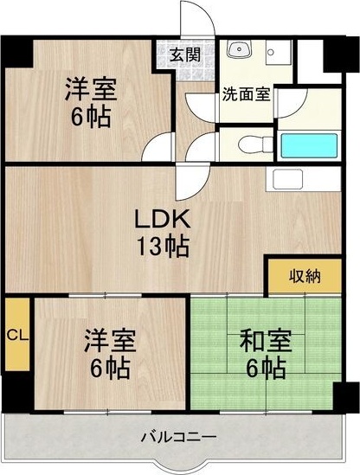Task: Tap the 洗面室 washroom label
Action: pyautogui.click(x=246, y=93)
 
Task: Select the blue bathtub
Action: pyautogui.click(x=312, y=144)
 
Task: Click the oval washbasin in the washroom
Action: pyautogui.click(x=238, y=51)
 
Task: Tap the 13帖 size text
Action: pyautogui.click(x=161, y=246)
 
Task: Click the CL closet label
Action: pyautogui.click(x=16, y=335)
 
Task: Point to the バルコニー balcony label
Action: pyautogui.click(x=178, y=437)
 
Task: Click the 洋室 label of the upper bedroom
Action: pyautogui.click(x=90, y=89)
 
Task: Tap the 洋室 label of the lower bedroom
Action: pyautogui.click(x=108, y=341)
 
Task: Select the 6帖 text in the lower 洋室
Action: pyautogui.click(x=108, y=368)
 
